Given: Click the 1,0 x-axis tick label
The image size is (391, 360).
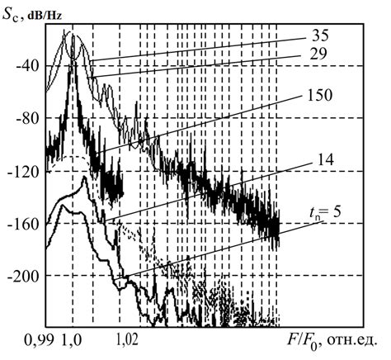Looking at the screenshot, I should click(73, 338).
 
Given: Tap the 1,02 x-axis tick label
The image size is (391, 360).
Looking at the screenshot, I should click(129, 338).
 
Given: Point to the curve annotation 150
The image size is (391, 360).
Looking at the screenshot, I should click(321, 94).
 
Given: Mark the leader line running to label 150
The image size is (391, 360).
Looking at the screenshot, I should click(206, 123).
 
